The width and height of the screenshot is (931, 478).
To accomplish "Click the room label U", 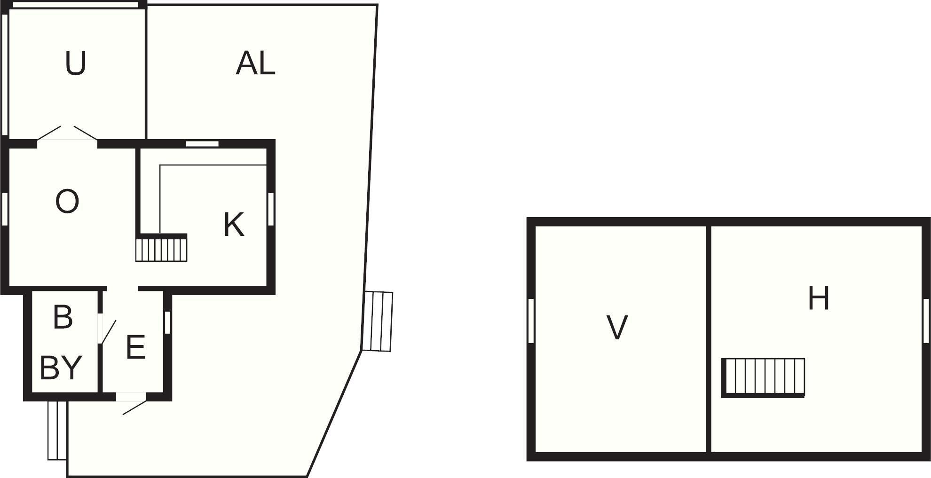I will coord(75,64).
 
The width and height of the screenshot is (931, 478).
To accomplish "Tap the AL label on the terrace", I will coord(255,63).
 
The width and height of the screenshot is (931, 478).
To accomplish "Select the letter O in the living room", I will coord(67,202).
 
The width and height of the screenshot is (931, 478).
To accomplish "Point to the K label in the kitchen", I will coord(234,225).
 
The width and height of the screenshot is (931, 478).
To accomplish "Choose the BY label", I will coord(61,368).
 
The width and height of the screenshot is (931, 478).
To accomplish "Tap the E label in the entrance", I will coord(135,348).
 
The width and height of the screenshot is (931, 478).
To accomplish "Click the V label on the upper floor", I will coord(617,328).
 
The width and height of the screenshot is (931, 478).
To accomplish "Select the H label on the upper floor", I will coord(818,298).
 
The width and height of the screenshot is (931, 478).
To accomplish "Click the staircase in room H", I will coord(764,377).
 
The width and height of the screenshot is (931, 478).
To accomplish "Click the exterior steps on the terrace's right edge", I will coord(379,321).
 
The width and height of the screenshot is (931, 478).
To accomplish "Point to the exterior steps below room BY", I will coord(57,430).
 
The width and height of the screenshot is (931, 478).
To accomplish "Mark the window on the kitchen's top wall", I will coord(202,143).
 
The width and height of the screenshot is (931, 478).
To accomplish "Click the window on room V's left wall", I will coord(531,321).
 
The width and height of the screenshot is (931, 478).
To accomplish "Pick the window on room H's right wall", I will coord(926,321).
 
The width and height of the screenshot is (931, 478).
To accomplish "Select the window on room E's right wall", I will coord(167,322).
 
